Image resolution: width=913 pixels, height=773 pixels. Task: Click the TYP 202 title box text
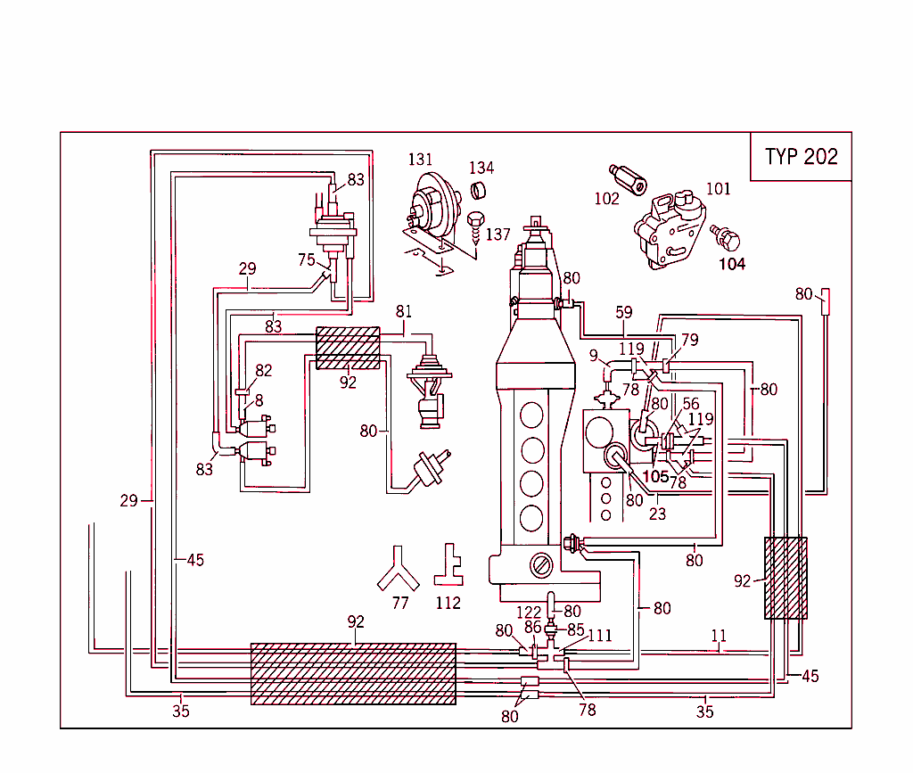(801, 157)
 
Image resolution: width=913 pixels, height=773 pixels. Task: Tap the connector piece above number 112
(448, 564)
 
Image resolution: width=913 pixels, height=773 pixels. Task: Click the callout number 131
(420, 160)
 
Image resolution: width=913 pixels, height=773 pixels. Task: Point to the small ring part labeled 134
(479, 189)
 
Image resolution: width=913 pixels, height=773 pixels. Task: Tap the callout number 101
(718, 188)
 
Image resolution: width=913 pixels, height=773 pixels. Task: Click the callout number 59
(623, 312)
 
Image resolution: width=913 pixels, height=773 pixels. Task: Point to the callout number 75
(307, 260)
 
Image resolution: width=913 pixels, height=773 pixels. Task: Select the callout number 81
(404, 312)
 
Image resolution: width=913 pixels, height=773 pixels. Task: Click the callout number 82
(264, 370)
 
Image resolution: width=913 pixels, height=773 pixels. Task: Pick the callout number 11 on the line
(719, 636)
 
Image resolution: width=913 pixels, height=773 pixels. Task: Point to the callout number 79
(689, 340)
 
